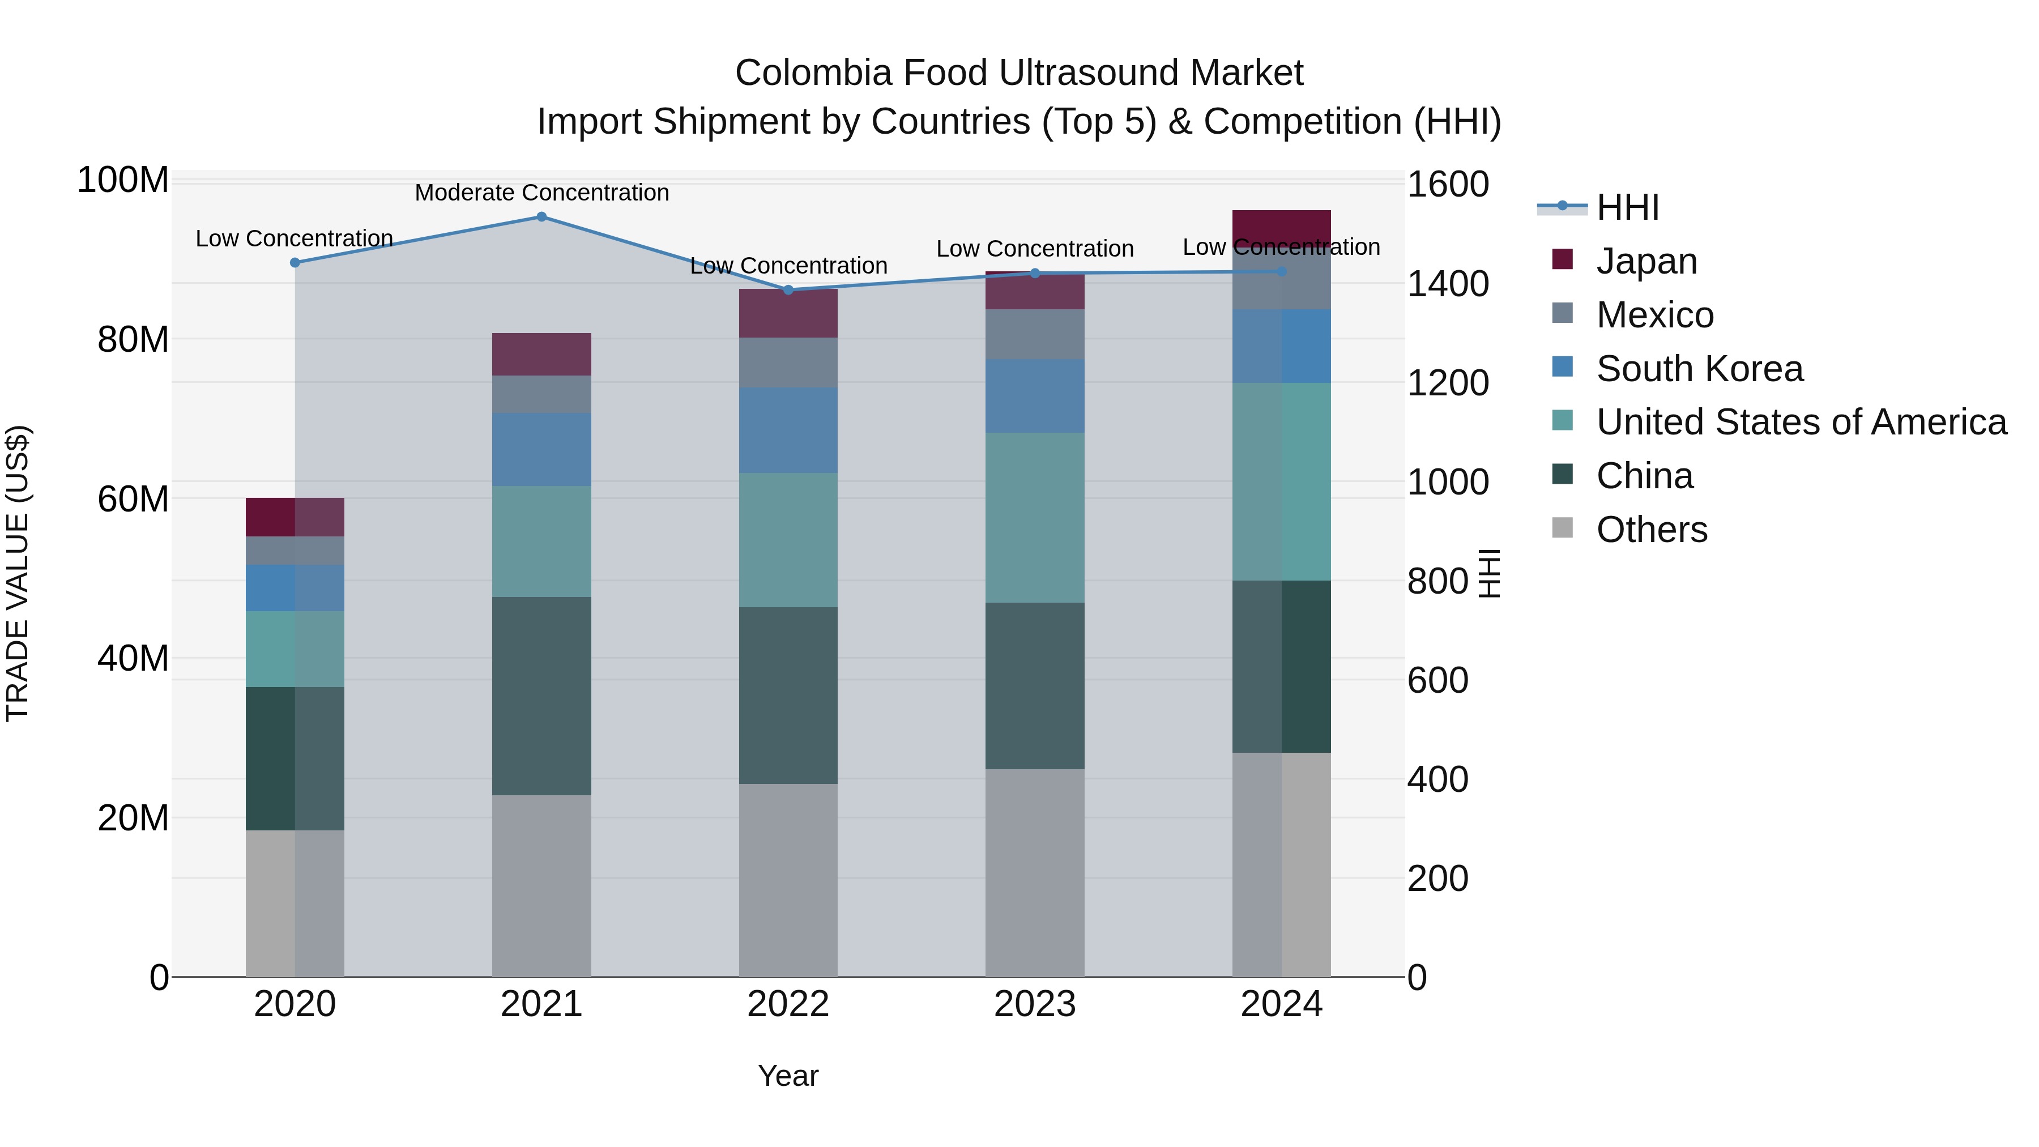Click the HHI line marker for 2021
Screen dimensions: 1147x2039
point(541,217)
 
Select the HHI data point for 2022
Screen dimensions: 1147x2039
point(788,289)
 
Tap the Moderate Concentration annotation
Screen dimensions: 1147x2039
point(541,193)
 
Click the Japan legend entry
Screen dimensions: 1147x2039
point(1646,261)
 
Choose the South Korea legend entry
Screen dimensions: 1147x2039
point(1699,369)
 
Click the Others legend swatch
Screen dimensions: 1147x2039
point(1563,528)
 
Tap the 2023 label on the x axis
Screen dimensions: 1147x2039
point(1035,1004)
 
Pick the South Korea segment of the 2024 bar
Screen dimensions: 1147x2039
point(1282,346)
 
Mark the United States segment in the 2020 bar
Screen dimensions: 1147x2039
point(295,649)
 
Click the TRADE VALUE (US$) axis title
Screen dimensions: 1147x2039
point(18,573)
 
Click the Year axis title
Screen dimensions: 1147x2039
point(788,1076)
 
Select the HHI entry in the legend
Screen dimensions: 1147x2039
point(1627,207)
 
